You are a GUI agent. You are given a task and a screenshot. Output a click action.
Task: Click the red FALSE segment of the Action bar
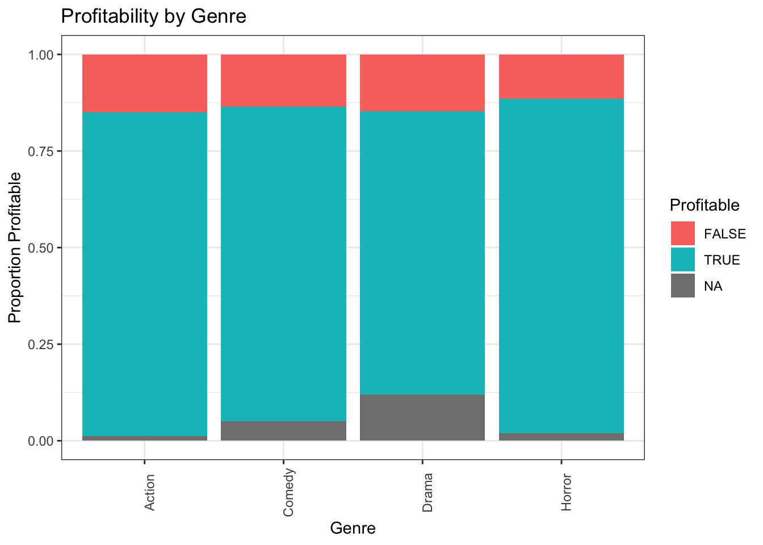(x=145, y=83)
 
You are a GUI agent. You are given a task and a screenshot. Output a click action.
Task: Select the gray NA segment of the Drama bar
(x=422, y=417)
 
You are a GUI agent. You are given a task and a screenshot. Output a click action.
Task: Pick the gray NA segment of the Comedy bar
(x=283, y=430)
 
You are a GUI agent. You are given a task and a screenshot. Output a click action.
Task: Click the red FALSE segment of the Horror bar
(x=561, y=76)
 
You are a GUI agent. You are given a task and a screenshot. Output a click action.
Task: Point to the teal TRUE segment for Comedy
(x=283, y=263)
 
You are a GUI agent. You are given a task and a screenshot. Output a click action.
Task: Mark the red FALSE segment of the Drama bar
(x=422, y=82)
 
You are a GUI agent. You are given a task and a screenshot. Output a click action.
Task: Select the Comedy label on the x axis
(x=288, y=492)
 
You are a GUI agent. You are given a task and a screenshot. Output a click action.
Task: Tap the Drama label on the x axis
(x=427, y=492)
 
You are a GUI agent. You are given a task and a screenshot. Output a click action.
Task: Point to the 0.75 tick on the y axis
(x=41, y=151)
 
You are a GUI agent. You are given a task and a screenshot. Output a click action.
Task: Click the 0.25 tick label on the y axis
(x=41, y=344)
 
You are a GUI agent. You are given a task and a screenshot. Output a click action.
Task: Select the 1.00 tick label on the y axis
(x=41, y=54)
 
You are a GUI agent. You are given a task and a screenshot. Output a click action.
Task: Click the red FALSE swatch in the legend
(x=682, y=233)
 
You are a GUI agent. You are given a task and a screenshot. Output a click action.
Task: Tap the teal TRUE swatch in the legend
(x=682, y=259)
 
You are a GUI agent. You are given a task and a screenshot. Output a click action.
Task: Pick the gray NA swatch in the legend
(x=682, y=286)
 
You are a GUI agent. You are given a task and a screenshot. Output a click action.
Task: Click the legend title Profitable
(x=705, y=205)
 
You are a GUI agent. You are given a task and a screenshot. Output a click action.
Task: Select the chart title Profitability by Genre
(x=153, y=16)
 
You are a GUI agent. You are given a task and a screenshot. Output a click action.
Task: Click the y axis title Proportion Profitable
(x=15, y=248)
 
